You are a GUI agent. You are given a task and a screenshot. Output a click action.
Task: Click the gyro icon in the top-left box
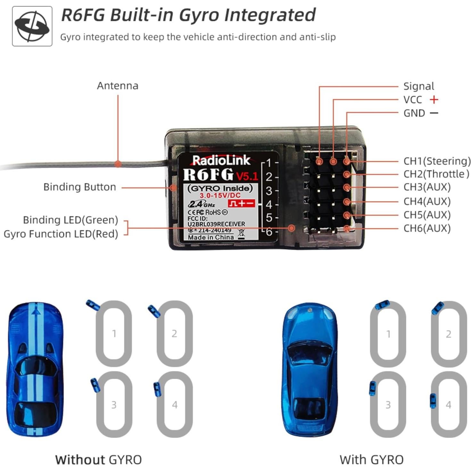coord(32,26)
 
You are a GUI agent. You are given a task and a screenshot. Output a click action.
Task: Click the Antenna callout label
coord(118,86)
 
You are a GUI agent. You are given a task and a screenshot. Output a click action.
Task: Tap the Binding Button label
coord(79,187)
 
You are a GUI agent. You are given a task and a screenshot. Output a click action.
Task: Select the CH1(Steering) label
coord(437,161)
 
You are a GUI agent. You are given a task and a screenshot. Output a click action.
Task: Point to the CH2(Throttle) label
coord(436,174)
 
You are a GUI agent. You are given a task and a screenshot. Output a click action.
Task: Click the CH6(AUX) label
coord(427,228)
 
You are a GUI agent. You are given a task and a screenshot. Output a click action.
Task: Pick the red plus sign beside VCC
coord(434,100)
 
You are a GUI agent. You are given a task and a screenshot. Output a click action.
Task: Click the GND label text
coord(414,113)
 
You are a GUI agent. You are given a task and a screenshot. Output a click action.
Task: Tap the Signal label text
coord(418,86)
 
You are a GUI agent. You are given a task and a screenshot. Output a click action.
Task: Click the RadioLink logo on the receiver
coord(221,160)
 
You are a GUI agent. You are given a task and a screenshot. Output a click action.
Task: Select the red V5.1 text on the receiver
coord(247,176)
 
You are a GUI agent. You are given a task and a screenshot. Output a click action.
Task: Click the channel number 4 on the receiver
coord(269,204)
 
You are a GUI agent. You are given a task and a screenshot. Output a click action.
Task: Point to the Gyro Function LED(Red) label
coord(61,234)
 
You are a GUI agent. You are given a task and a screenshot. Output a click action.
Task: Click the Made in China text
coord(211,237)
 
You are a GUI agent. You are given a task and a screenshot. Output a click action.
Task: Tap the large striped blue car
coord(35,368)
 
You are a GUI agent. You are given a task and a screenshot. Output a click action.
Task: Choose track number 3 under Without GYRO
coord(114,405)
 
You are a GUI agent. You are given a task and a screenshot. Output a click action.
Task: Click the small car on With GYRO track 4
coord(433,401)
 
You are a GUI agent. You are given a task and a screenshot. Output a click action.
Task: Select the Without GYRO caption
coord(98,460)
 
